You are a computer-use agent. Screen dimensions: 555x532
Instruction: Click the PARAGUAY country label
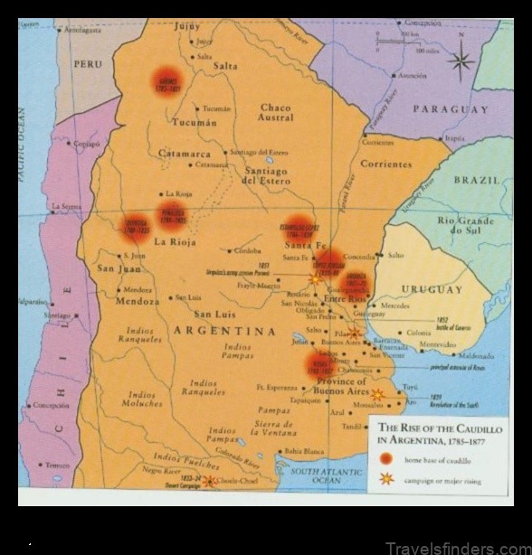(451, 109)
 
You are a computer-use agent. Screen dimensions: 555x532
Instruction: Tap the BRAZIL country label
(477, 180)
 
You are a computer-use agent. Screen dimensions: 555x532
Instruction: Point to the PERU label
(88, 64)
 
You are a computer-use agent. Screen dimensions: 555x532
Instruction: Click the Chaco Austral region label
(276, 112)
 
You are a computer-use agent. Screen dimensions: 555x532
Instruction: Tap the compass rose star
(461, 61)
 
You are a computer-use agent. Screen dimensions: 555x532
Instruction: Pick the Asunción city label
(412, 76)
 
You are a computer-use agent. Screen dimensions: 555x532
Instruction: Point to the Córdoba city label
(246, 250)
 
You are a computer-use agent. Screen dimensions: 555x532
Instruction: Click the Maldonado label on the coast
(477, 355)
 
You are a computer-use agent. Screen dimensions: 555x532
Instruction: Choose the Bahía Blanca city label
(303, 450)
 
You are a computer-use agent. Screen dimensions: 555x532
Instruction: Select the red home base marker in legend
(386, 460)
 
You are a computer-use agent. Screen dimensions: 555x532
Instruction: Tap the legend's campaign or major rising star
(386, 480)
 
